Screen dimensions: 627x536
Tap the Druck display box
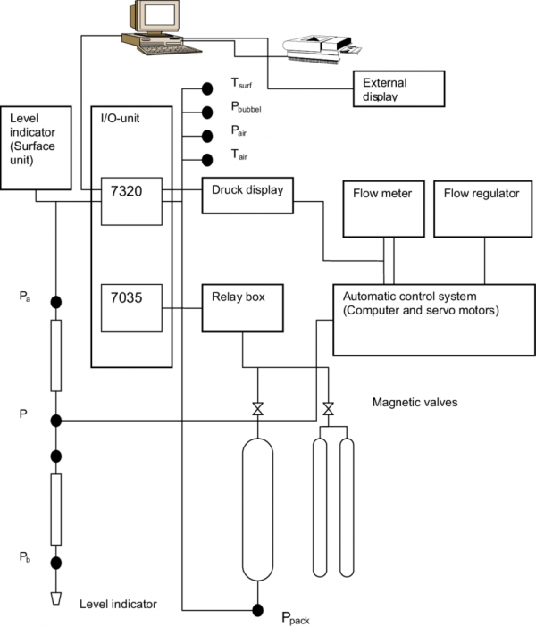[x=247, y=195]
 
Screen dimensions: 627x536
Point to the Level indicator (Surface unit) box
[x=36, y=148]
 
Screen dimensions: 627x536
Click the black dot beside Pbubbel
[x=207, y=113]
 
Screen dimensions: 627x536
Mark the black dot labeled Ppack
[x=257, y=610]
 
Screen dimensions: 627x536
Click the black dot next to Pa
[x=55, y=302]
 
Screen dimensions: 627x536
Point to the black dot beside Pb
[x=55, y=563]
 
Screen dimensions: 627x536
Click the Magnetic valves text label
[x=415, y=403]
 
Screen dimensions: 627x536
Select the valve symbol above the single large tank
[x=257, y=410]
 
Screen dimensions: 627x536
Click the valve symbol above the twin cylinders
[x=328, y=410]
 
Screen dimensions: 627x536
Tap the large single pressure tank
[x=257, y=509]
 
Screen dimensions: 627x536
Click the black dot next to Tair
[x=207, y=160]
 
